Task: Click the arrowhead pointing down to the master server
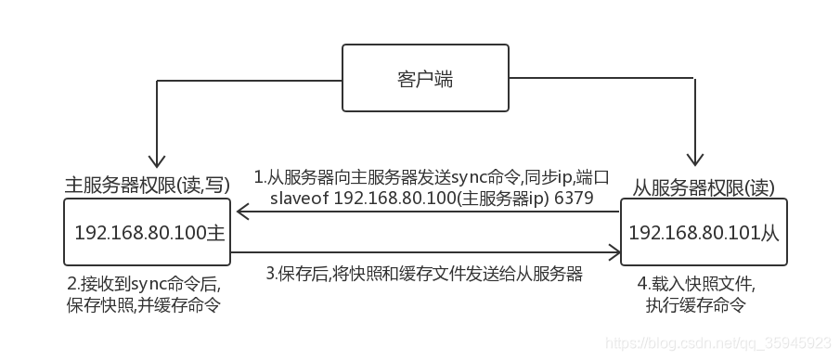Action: [158, 161]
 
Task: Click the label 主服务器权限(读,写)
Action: [147, 183]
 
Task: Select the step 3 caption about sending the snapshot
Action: [424, 274]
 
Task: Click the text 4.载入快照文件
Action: [695, 282]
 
